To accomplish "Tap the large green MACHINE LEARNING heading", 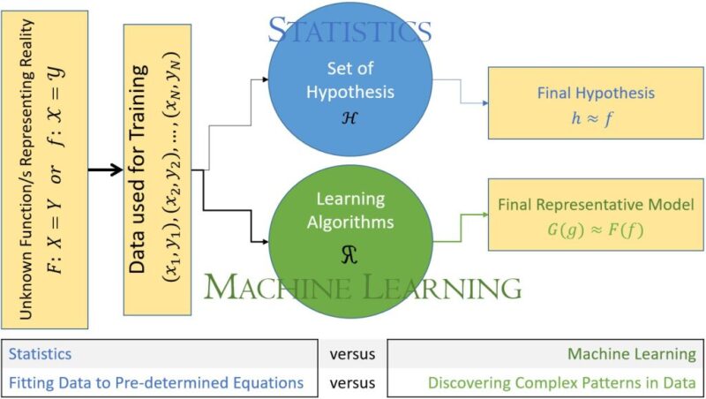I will coord(362,287).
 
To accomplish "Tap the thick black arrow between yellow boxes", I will coord(105,169).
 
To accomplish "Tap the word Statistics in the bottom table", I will coord(41,354).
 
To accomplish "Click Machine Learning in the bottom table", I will coord(631,354).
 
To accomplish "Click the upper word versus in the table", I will coord(352,354).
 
